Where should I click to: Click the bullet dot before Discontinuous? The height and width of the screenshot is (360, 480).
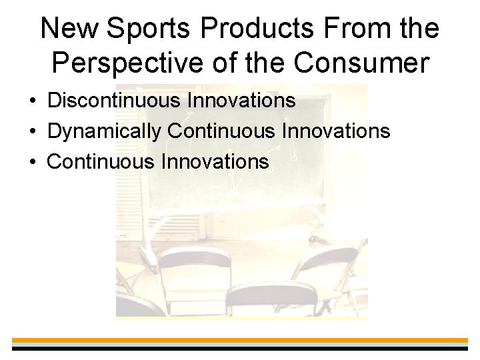(x=33, y=102)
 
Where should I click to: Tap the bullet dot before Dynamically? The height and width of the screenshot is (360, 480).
(x=33, y=132)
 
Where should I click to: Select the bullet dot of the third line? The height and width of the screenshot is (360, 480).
(x=33, y=162)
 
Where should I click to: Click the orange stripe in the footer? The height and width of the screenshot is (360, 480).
(x=240, y=340)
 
